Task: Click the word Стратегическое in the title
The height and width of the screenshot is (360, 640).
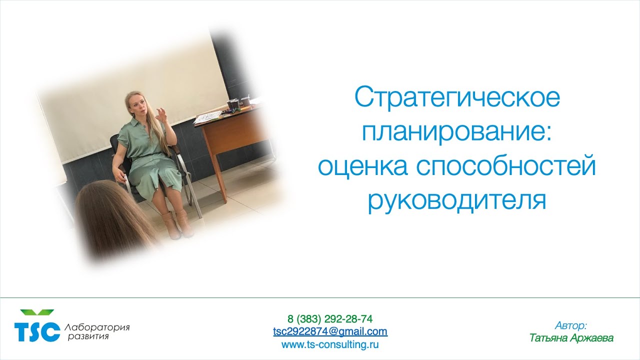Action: coord(457,98)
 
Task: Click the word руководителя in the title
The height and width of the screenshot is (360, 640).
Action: coord(456,200)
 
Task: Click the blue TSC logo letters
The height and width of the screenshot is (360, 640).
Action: coord(37,332)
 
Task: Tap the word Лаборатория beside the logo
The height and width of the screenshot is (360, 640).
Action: coord(97,327)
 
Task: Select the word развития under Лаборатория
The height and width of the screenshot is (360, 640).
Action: coord(88,336)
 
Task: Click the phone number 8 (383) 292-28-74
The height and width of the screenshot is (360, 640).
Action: coord(330,319)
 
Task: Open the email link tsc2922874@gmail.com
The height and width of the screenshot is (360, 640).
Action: coord(330,331)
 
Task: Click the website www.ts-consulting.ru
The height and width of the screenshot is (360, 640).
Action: coord(330,344)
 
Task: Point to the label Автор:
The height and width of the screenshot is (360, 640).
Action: coord(571,325)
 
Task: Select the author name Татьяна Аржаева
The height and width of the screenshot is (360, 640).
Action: coord(571,338)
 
